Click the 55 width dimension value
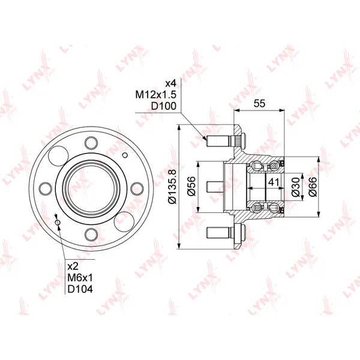point(259,103)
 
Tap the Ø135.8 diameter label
point(172,187)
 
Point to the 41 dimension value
point(274,182)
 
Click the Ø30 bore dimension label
point(295,187)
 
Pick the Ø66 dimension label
point(313,187)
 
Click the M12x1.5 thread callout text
point(155,95)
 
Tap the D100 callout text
point(163,106)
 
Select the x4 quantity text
point(171,83)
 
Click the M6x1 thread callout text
point(80,278)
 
